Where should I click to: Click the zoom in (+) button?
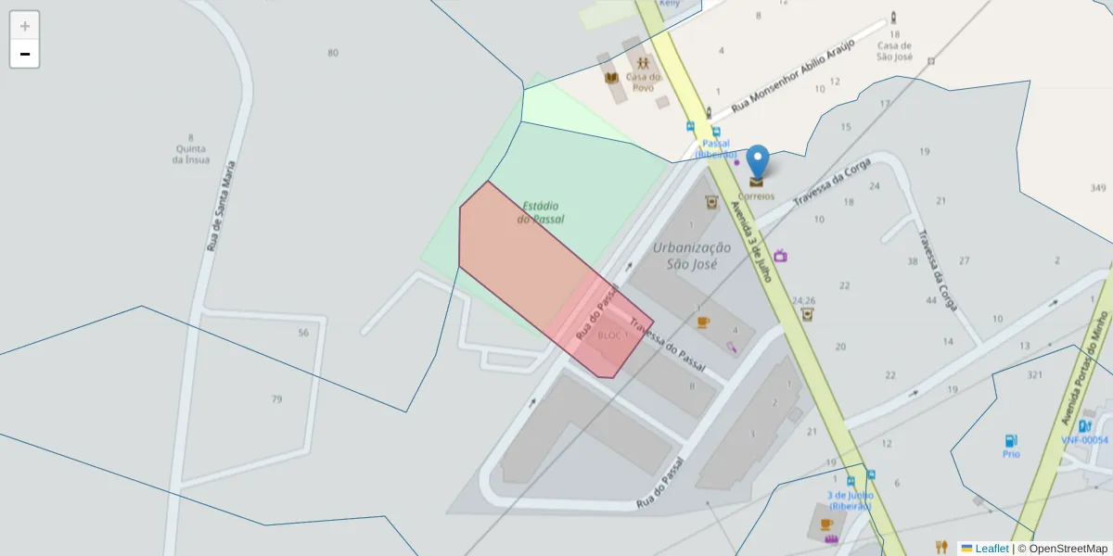25,26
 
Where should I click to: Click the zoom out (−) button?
25,54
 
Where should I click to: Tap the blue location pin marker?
758,161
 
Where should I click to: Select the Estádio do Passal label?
541,212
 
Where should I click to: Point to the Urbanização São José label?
692,255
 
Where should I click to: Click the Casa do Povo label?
643,82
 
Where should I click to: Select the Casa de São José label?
895,51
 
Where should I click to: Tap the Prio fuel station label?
1011,454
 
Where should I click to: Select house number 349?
1098,188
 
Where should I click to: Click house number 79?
276,399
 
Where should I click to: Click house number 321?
1035,374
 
